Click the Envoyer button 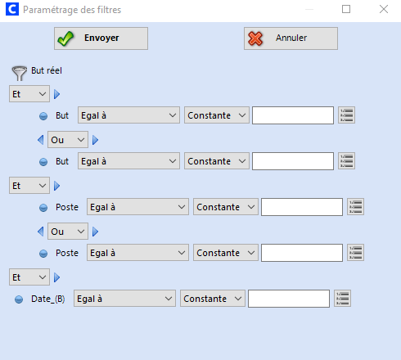[101, 38]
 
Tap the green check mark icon [65, 38]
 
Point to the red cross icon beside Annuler [255, 38]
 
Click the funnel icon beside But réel [19, 73]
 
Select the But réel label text [47, 70]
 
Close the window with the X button [384, 9]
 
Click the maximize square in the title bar [346, 9]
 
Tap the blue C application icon [12, 9]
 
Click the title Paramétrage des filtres [72, 10]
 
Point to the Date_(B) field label [48, 299]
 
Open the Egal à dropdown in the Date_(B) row [124, 299]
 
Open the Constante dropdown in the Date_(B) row [213, 299]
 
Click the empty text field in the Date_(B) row [289, 299]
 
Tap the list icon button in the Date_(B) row [343, 299]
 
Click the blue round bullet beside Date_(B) [19, 299]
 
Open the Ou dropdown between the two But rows [68, 140]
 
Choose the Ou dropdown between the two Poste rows [68, 232]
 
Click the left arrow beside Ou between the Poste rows [41, 232]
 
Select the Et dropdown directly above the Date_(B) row [29, 277]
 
